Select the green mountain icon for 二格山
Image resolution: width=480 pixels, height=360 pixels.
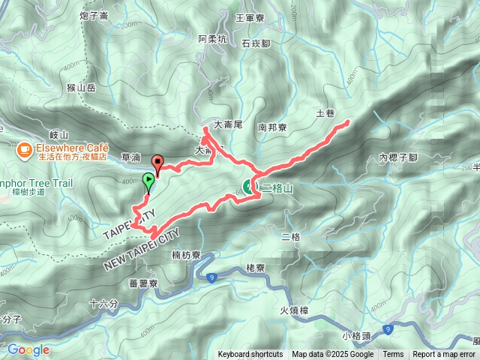(249, 187)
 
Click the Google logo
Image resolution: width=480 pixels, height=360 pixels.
(28, 349)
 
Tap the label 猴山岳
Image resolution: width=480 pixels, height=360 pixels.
(81, 88)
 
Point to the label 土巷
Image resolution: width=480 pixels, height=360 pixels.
(325, 114)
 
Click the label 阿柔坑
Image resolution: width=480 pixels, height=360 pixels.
(212, 39)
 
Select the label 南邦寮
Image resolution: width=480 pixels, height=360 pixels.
(272, 128)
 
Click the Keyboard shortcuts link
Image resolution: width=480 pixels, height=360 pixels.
(250, 355)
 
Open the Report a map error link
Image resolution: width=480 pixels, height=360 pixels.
(444, 355)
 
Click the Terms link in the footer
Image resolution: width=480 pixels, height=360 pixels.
(393, 355)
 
